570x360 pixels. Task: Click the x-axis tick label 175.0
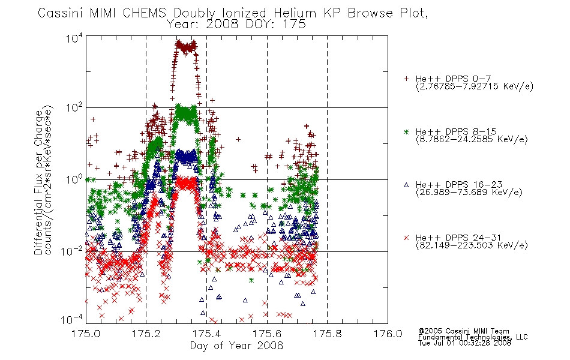pyautogui.click(x=86, y=334)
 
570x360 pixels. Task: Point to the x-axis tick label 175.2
pyautogui.click(x=146, y=334)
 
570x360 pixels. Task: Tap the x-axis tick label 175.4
pyautogui.click(x=206, y=334)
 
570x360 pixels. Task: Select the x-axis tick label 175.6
pyautogui.click(x=267, y=334)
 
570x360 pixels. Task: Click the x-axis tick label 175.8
pyautogui.click(x=327, y=334)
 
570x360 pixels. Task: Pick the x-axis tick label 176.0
pyautogui.click(x=388, y=334)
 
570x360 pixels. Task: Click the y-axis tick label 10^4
pyautogui.click(x=74, y=38)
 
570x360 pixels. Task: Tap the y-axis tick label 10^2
pyautogui.click(x=74, y=108)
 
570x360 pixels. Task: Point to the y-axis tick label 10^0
pyautogui.click(x=74, y=179)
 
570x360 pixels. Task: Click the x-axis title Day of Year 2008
pyautogui.click(x=236, y=346)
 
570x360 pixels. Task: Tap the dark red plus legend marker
pyautogui.click(x=406, y=79)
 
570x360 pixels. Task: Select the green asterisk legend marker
pyautogui.click(x=406, y=132)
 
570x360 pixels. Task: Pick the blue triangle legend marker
pyautogui.click(x=406, y=185)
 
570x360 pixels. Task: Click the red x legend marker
pyautogui.click(x=406, y=238)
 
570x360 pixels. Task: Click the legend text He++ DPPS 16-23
pyautogui.click(x=459, y=185)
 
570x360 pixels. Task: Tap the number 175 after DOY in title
pyautogui.click(x=295, y=25)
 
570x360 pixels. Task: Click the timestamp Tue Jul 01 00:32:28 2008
pyautogui.click(x=464, y=343)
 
